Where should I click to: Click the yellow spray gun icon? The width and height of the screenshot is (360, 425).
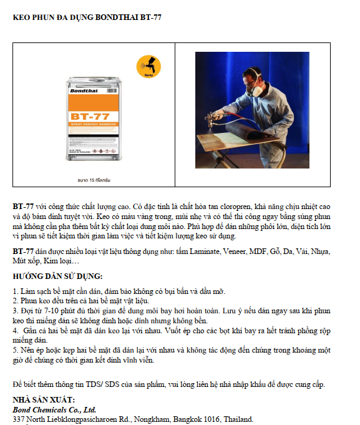coord(148,67)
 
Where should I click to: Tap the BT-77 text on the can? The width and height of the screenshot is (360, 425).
coord(90,117)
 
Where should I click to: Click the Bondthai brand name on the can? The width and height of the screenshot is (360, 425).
coord(84,90)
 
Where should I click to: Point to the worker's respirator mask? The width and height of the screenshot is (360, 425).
coord(255,89)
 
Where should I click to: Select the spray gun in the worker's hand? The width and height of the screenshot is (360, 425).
coord(214,117)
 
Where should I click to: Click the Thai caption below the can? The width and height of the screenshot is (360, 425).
coord(94,180)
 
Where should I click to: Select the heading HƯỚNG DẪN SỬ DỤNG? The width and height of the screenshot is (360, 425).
coord(57,276)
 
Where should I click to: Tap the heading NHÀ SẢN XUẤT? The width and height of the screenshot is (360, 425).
coord(44,400)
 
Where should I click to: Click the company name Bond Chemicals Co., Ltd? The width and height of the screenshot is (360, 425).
coord(54,409)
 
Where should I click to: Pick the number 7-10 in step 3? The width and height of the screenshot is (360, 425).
coord(51,311)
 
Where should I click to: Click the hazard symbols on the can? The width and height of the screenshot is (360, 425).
coord(104,151)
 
